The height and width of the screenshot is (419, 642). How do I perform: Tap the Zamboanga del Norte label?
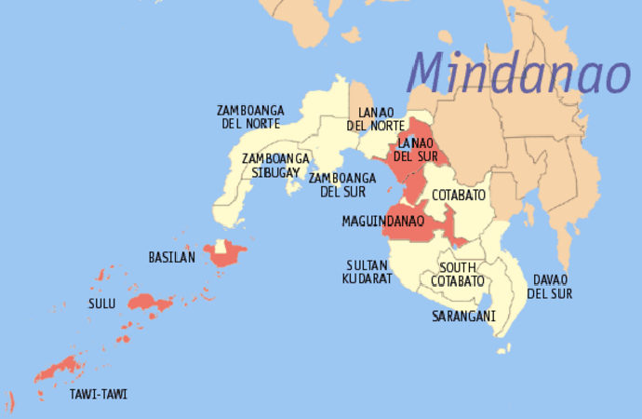251,116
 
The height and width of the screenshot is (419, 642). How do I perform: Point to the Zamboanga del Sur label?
342,185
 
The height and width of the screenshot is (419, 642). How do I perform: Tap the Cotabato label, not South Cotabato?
457,196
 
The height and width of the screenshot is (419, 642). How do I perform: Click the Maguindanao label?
383,223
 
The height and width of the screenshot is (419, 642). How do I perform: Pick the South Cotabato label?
457,274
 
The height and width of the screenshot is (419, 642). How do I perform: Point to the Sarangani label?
463,317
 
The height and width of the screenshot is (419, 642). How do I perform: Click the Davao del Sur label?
549,287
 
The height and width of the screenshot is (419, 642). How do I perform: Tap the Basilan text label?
172,257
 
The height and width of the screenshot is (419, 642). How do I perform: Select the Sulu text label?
104,304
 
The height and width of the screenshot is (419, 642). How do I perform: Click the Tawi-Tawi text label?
99,395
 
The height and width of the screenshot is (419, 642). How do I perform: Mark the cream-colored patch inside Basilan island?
221,247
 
